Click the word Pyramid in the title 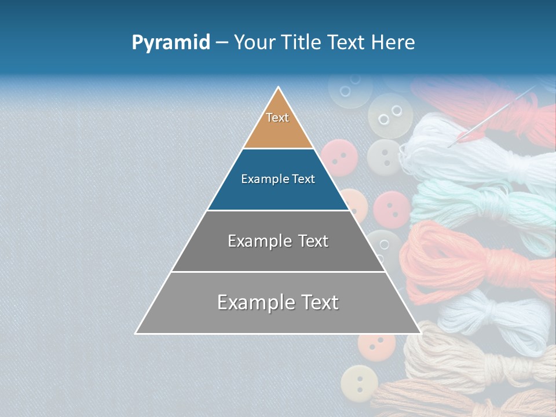pos(170,42)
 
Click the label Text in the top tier pos(277,118)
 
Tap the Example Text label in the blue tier pos(278,179)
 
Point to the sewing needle pos(498,113)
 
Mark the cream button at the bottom pos(359,383)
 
